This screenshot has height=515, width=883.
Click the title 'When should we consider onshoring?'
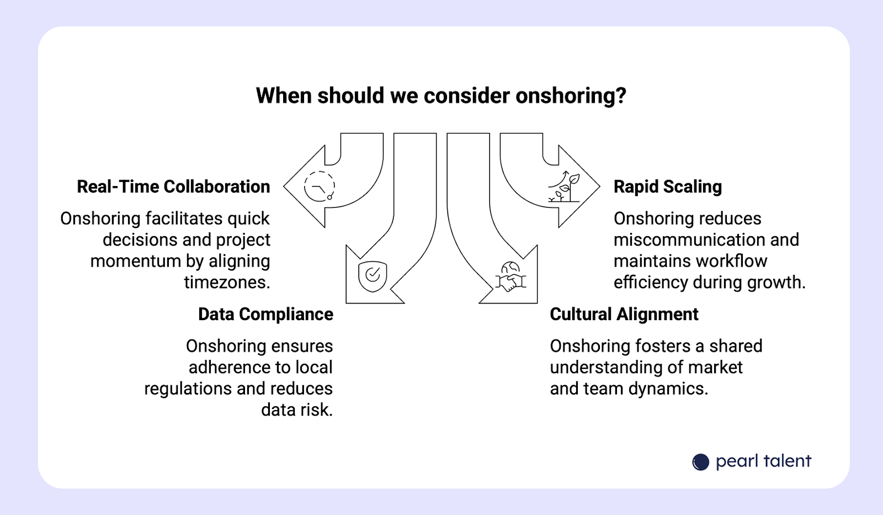tap(441, 95)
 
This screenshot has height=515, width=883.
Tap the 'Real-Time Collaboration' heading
tap(173, 187)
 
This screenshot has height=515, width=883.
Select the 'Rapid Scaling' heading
tap(667, 187)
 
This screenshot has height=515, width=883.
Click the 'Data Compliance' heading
tap(265, 314)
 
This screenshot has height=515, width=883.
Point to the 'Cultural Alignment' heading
tap(624, 314)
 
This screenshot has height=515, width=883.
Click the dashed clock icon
tap(320, 186)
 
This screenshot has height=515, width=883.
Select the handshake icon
tap(510, 277)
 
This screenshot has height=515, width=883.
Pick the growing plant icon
tap(564, 187)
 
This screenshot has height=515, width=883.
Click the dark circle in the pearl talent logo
tap(700, 462)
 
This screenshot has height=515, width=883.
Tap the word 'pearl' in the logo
tap(736, 461)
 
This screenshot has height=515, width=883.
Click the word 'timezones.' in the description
tap(227, 282)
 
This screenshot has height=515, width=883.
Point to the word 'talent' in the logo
tap(788, 461)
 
